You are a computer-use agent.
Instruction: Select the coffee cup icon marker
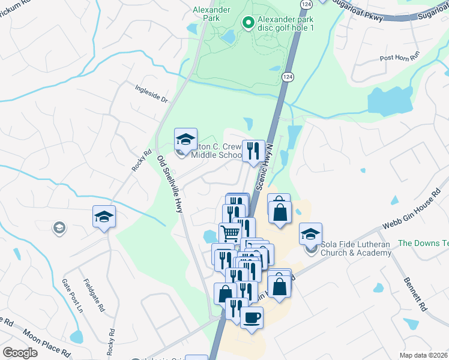coord(252,317)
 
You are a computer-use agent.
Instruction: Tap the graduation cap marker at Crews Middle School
coord(186,140)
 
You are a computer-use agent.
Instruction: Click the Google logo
coord(20,353)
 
